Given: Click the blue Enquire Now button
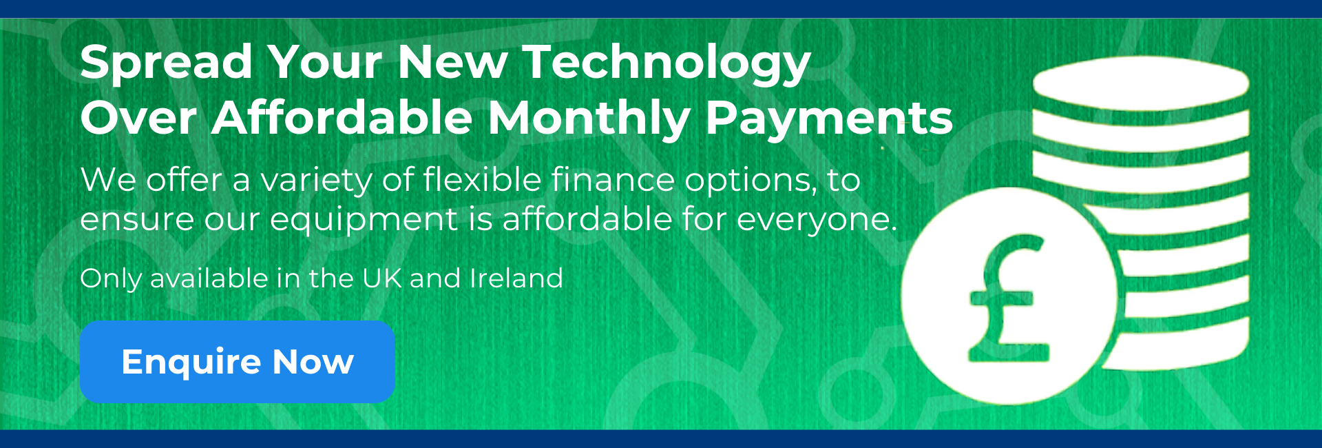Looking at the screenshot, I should tap(237, 362).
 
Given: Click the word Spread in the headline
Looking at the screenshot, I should tap(166, 63).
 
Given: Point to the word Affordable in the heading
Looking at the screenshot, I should tap(342, 118).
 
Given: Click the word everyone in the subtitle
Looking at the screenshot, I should tap(817, 220).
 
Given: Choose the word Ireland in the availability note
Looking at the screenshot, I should tap(516, 278).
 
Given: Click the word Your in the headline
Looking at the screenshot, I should tap(324, 63).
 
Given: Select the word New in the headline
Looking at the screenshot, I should tap(452, 63).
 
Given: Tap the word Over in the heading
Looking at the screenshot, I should tap(138, 118).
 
